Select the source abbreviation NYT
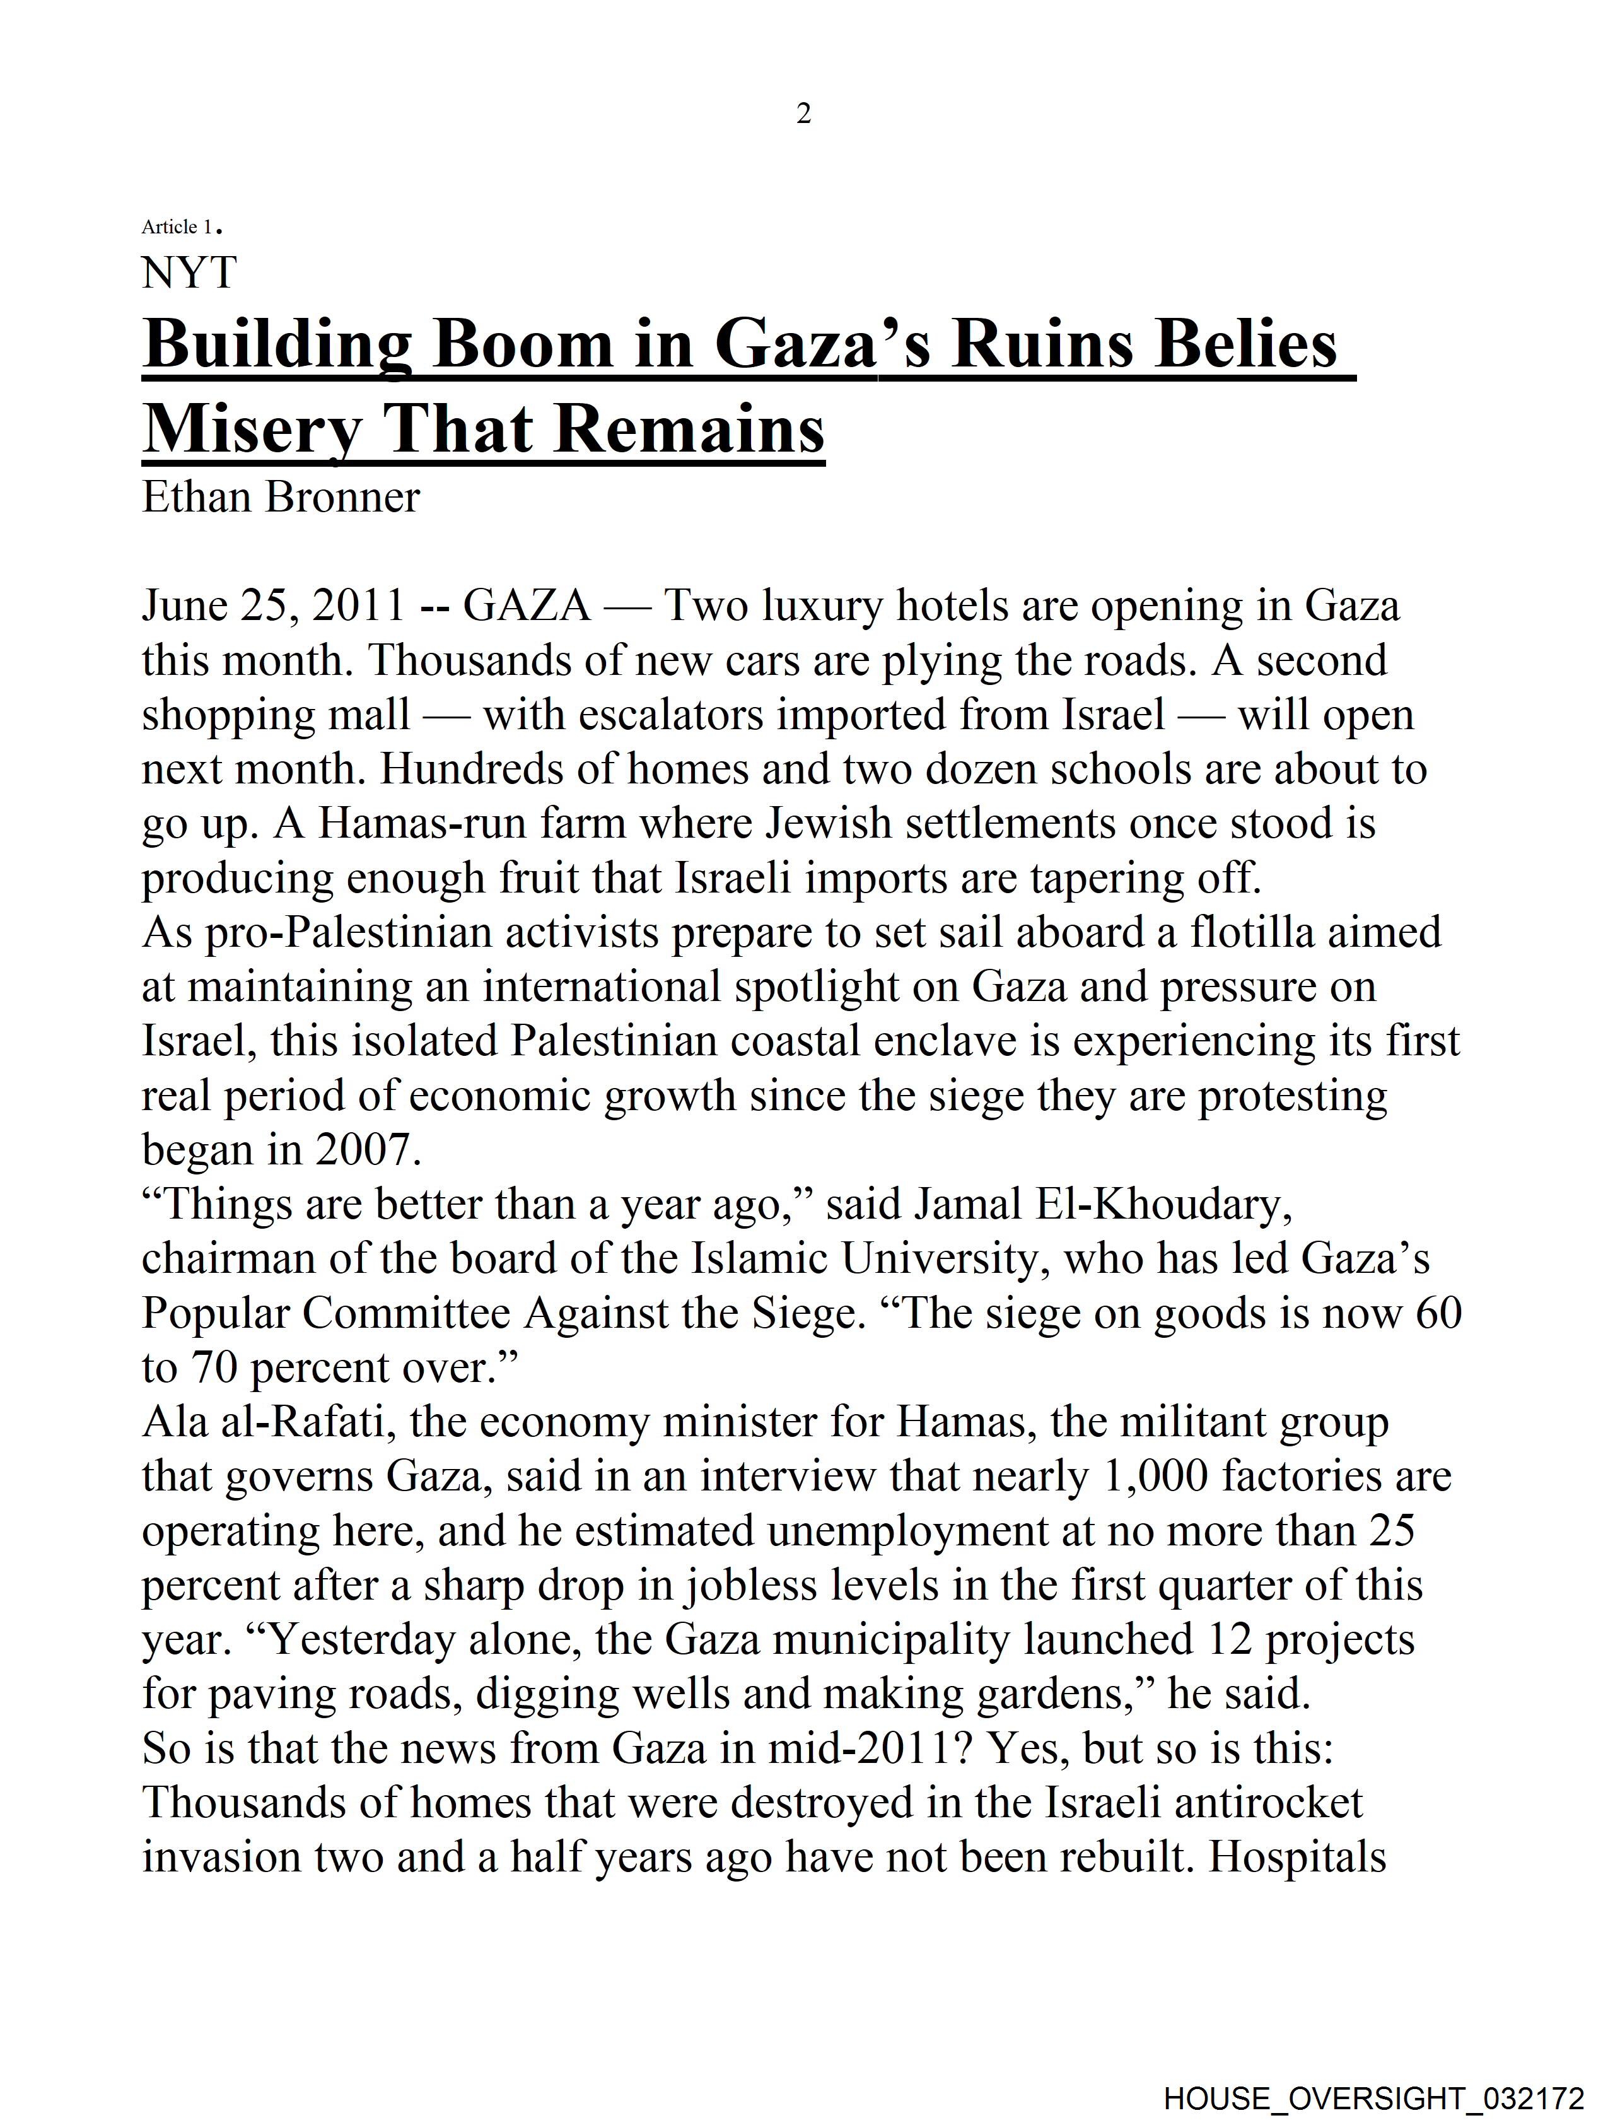[x=189, y=273]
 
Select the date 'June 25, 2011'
[x=273, y=606]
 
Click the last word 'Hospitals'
[x=1296, y=1857]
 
